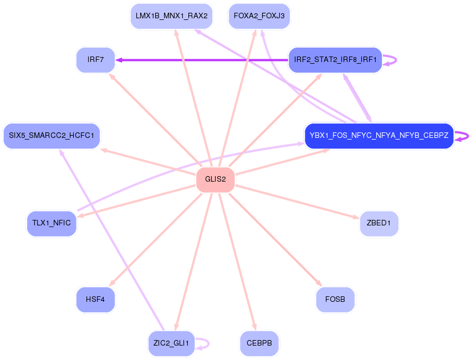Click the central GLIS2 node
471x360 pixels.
coord(216,179)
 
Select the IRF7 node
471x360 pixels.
coord(95,60)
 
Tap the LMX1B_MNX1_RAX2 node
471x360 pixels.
coord(172,16)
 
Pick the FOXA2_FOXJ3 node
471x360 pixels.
coord(259,16)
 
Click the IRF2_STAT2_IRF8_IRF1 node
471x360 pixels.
coord(335,60)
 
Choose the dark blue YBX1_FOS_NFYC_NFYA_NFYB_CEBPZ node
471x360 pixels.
coord(379,135)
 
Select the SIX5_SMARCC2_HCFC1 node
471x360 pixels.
coord(52,135)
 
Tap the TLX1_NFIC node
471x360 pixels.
coord(52,223)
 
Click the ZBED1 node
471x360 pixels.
coord(379,223)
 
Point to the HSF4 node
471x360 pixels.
coord(95,299)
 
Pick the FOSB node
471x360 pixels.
coord(335,299)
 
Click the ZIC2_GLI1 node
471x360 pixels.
coord(172,343)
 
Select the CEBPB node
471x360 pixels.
coord(259,343)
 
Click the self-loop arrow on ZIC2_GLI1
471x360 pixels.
coord(203,343)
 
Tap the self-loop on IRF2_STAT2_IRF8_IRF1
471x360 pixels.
coord(390,60)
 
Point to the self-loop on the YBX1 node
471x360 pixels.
coord(462,136)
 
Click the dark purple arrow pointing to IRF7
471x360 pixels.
coord(202,60)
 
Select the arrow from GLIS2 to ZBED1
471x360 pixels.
coord(298,202)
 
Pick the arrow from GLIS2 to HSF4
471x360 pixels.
coord(155,240)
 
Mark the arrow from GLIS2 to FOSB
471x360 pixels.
coord(275,240)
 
